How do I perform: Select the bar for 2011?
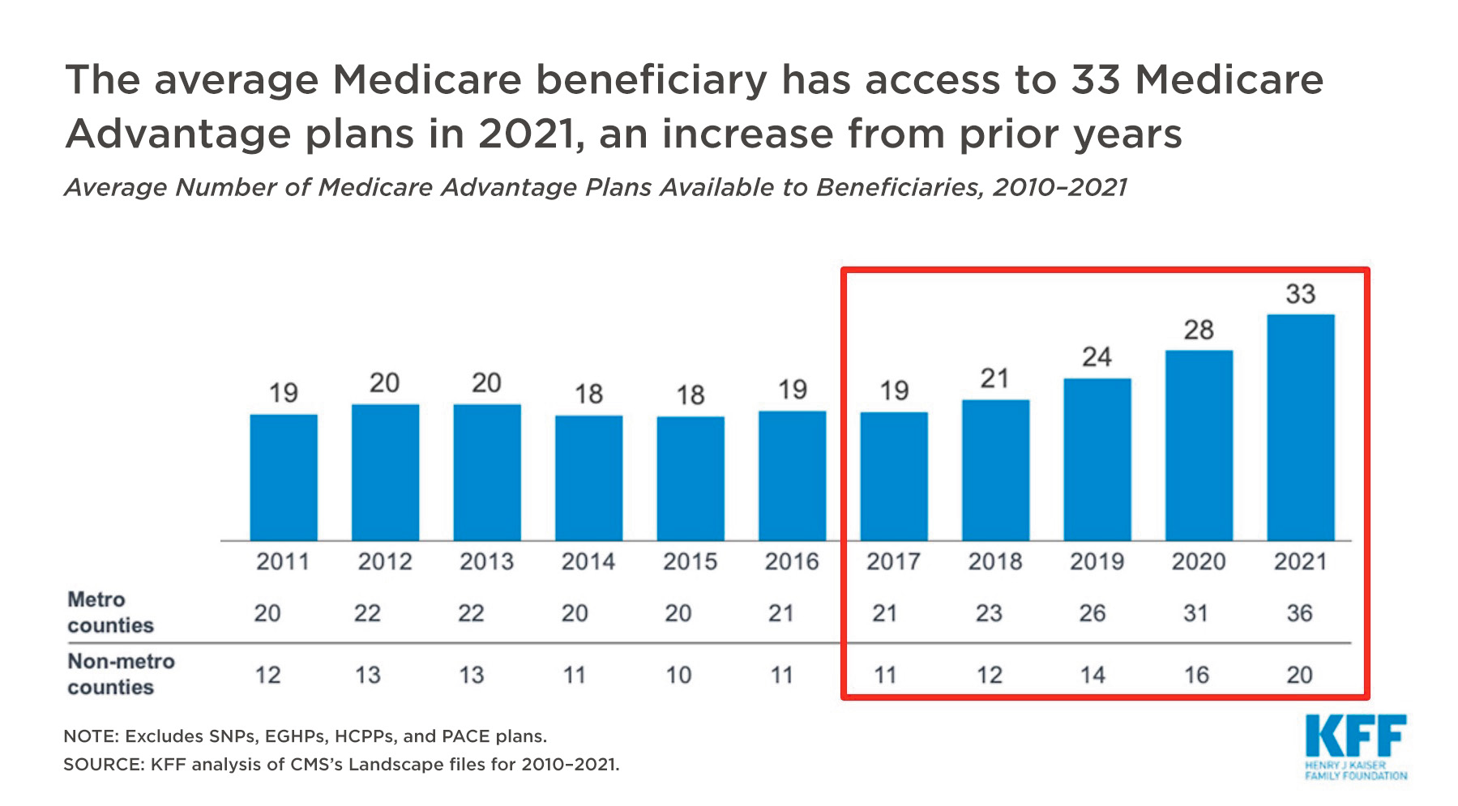pyautogui.click(x=284, y=477)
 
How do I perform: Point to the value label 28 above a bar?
pyautogui.click(x=1199, y=331)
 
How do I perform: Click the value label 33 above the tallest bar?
pyautogui.click(x=1300, y=294)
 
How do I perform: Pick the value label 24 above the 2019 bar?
pyautogui.click(x=1097, y=357)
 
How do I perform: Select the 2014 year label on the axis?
pyautogui.click(x=588, y=561)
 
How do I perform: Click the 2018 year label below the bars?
pyautogui.click(x=995, y=561)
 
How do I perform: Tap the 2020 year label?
pyautogui.click(x=1199, y=561)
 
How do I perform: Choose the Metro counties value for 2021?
pyautogui.click(x=1299, y=613)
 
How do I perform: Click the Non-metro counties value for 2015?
pyautogui.click(x=678, y=675)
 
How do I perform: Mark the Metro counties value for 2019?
pyautogui.click(x=1092, y=613)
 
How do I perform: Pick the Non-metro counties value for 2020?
pyautogui.click(x=1196, y=675)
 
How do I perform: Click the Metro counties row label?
pyautogui.click(x=110, y=612)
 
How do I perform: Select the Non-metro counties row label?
pyautogui.click(x=121, y=674)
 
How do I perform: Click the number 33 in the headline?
pyautogui.click(x=1096, y=80)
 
